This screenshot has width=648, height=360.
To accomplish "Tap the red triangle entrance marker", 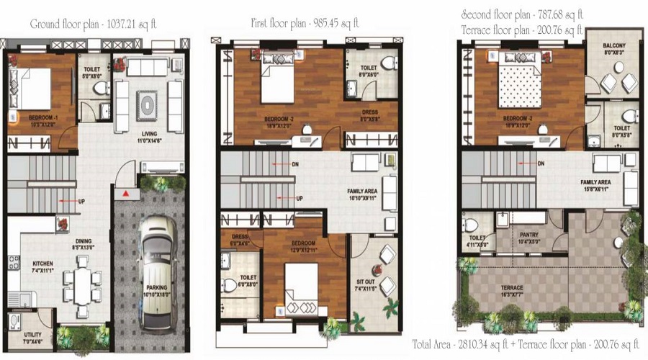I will pos(126,194).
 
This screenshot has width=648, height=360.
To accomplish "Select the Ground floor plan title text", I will pos(94,24).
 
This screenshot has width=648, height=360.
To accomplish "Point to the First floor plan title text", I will pos(306,22).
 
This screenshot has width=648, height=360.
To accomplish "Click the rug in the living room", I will pos(147,104).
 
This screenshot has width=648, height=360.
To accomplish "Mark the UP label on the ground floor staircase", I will pos(81,200).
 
